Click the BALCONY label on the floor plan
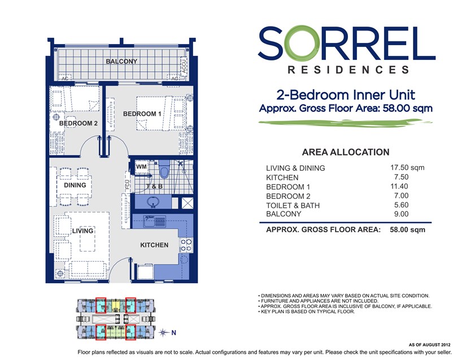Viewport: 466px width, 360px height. tap(121, 61)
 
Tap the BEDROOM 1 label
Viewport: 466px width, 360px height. tap(142, 114)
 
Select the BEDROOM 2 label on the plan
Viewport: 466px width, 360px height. tap(78, 123)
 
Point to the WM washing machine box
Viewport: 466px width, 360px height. tap(141, 167)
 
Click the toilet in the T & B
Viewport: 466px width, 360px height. tap(164, 169)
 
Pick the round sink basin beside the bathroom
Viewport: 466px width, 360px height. tap(153, 202)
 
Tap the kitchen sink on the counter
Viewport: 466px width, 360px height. tap(154, 222)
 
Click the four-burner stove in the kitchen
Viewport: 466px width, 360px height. tap(186, 245)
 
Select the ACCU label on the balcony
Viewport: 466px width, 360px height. tap(184, 66)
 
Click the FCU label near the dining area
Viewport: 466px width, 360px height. tap(128, 185)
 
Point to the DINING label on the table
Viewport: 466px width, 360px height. tap(75, 185)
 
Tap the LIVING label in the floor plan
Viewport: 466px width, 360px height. tap(82, 231)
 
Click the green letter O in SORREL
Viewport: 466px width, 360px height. tap(299, 42)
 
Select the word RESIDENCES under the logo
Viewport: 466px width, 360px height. tap(349, 70)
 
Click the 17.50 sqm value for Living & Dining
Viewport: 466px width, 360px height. tap(407, 168)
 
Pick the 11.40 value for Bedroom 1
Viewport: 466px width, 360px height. tap(399, 186)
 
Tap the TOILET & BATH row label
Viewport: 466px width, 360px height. tap(293, 205)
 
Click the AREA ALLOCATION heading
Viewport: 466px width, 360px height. tap(346, 152)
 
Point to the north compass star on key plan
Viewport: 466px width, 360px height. tap(163, 332)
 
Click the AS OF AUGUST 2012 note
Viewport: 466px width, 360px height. tap(429, 345)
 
